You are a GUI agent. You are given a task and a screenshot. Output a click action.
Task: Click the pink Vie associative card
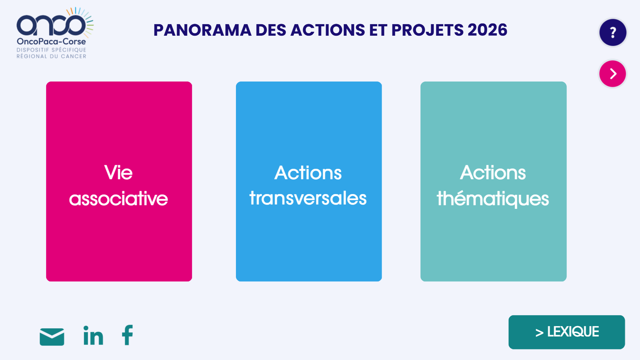[119, 181]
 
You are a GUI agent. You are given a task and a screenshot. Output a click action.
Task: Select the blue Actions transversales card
[309, 181]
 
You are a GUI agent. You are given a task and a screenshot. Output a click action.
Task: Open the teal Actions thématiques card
[494, 181]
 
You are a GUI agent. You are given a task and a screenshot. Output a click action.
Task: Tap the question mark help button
[613, 32]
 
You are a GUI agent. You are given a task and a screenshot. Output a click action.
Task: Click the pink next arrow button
[613, 74]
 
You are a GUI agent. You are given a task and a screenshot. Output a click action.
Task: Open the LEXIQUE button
[567, 332]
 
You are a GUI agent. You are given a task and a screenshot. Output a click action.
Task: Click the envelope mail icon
[52, 337]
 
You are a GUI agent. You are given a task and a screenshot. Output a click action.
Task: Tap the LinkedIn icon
[93, 335]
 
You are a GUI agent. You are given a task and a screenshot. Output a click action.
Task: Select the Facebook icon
[127, 335]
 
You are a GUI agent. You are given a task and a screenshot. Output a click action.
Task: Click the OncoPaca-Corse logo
[55, 33]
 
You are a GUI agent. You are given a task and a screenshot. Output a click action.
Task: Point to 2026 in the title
[487, 30]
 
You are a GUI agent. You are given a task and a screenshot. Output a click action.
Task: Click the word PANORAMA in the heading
[202, 30]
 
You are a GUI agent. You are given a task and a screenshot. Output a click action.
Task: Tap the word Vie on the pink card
[118, 172]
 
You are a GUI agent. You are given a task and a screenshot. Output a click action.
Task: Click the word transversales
[308, 198]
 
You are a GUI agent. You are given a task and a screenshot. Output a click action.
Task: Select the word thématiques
[493, 199]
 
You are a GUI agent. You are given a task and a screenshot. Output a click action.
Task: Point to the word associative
[118, 199]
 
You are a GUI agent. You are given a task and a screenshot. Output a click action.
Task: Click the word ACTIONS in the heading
[328, 30]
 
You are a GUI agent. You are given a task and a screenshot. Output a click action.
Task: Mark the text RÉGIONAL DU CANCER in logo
[51, 56]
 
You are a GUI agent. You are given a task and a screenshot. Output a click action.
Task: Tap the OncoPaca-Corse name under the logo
[51, 41]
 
